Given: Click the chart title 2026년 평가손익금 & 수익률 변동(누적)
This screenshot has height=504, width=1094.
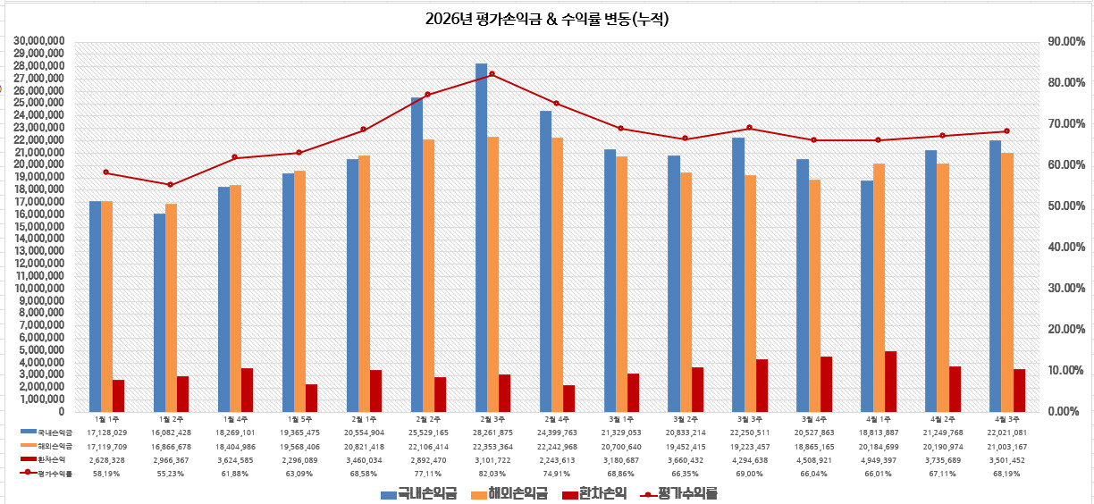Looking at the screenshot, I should click(x=547, y=18).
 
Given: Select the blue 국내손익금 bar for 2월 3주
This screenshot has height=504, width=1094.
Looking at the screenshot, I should click(x=481, y=237).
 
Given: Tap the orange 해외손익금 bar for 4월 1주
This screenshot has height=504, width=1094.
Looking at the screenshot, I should click(x=879, y=287).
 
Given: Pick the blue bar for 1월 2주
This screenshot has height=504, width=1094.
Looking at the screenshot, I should click(x=159, y=312).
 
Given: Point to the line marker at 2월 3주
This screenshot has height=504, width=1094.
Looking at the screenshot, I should click(x=492, y=74).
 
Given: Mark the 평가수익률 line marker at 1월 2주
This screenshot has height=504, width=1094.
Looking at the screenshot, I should click(x=171, y=185).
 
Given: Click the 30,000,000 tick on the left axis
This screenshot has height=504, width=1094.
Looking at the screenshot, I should click(x=40, y=41).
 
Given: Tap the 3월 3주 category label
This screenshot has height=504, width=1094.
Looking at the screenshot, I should click(x=750, y=418).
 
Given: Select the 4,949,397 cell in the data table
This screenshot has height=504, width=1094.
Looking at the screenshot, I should click(x=879, y=460).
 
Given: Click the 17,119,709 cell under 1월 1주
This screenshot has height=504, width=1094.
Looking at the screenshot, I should click(x=107, y=446).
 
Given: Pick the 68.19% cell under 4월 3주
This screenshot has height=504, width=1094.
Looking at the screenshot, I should click(x=1007, y=474).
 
